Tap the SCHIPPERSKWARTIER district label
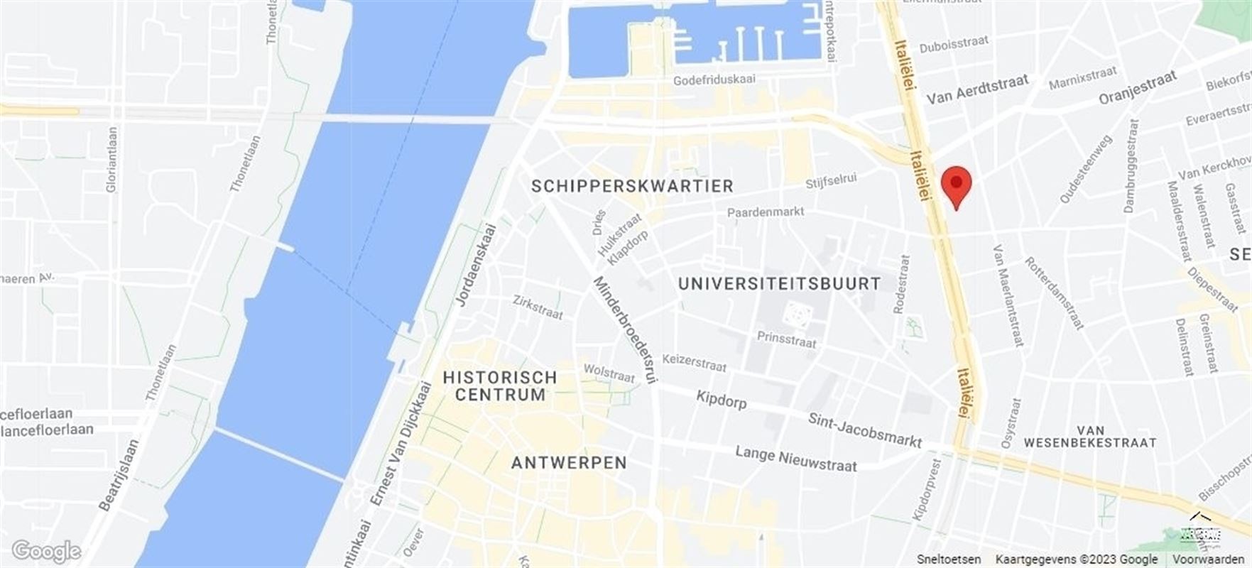click(x=632, y=186)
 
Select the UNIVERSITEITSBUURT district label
click(x=779, y=283)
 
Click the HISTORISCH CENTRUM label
click(x=500, y=386)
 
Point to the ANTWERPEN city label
click(x=569, y=463)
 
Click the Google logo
click(x=47, y=551)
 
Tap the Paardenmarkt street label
click(x=766, y=212)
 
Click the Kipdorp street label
click(x=721, y=400)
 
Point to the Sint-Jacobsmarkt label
click(x=864, y=430)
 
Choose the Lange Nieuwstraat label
click(x=796, y=459)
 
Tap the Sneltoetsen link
click(x=949, y=559)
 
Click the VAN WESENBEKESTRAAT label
click(x=1090, y=436)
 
